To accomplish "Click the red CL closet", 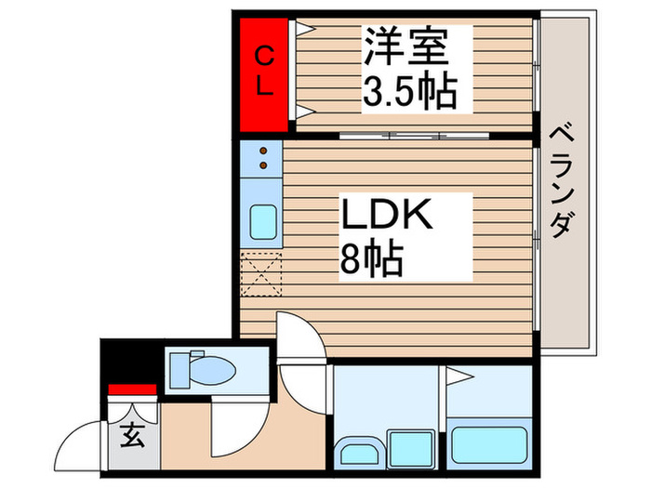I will [x=263, y=75].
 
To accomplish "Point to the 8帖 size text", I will [x=371, y=261].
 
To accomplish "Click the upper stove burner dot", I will [x=263, y=151].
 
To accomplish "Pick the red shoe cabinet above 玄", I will [x=131, y=389].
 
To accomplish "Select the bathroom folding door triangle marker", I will [x=458, y=376].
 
